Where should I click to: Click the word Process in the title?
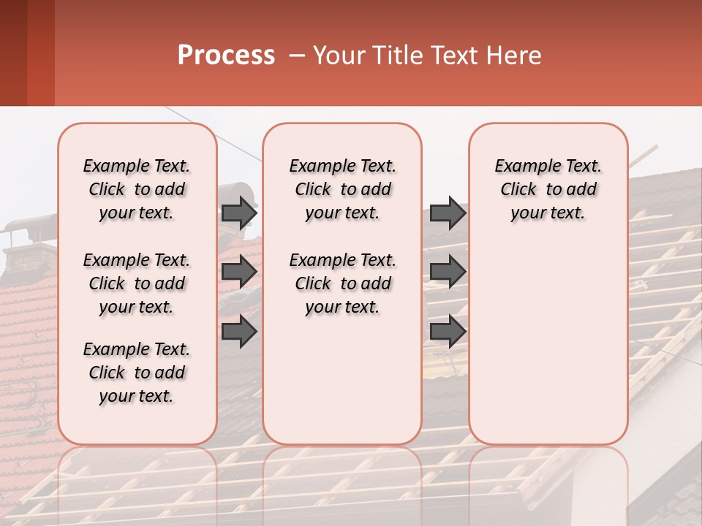coord(225,56)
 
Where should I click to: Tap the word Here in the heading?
coord(515,56)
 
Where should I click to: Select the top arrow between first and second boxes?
coord(239,213)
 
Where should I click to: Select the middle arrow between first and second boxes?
coord(239,272)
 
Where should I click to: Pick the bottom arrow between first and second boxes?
coord(239,332)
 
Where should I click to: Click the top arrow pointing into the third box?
coord(448,213)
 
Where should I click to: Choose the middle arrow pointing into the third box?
coord(448,272)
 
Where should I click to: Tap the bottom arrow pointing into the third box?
coord(448,332)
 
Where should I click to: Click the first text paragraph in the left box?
coord(137,189)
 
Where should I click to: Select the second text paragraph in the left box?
coord(137,283)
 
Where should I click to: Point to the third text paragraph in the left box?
coord(137,373)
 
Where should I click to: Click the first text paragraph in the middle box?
coord(342,189)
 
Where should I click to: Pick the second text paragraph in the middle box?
coord(342,283)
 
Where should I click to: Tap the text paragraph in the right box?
coord(548,189)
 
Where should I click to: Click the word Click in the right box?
coord(518,190)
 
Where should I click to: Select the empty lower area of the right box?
coord(548,343)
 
